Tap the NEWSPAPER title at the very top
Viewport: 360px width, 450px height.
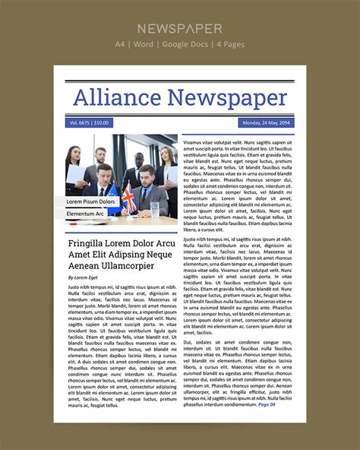pos(180,29)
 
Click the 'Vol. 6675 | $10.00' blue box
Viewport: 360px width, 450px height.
pos(90,122)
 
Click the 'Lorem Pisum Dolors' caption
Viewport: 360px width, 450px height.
pos(90,201)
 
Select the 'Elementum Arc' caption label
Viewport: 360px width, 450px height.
pos(85,214)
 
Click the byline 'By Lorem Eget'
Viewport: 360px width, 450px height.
pos(83,277)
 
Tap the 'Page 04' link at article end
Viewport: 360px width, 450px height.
pos(267,404)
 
